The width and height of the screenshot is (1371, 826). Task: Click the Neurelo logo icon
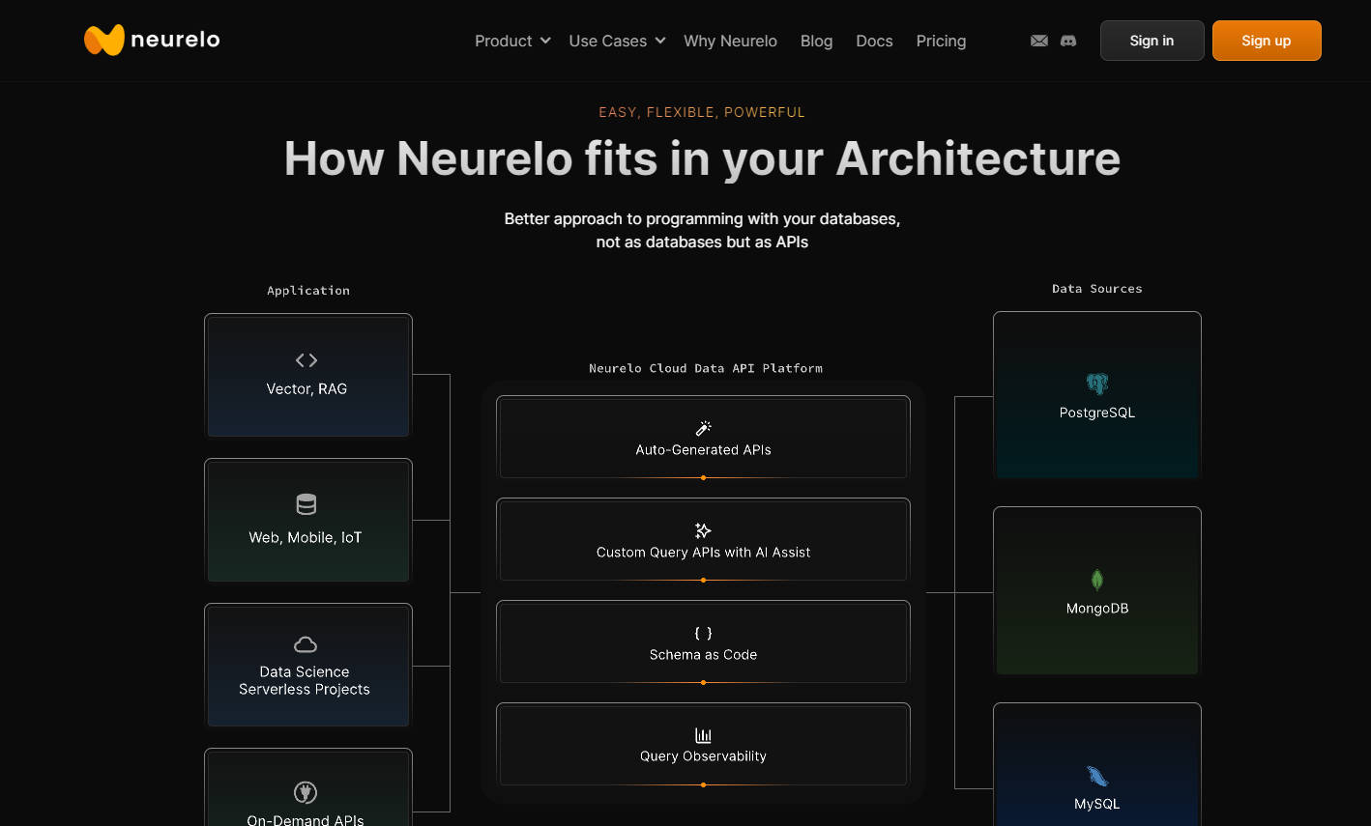point(104,40)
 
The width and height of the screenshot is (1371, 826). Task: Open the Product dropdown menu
point(512,41)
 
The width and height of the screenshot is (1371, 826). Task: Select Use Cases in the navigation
point(617,41)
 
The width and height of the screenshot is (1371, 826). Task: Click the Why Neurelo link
point(730,41)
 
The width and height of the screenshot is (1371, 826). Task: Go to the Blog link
point(816,41)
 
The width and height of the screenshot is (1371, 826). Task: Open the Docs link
point(874,41)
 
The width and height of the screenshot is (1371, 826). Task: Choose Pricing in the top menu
point(941,41)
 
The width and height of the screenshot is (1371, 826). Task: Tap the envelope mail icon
point(1039,41)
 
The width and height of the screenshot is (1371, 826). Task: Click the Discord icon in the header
point(1068,41)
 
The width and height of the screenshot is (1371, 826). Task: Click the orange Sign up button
point(1266,41)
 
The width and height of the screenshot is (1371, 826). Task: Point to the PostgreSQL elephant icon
point(1097,384)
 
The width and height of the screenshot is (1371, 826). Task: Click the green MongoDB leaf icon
point(1097,580)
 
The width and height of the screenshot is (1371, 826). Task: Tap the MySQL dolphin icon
point(1097,776)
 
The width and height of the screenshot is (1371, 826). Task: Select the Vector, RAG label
point(306,388)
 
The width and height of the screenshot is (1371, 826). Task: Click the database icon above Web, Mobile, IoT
point(306,504)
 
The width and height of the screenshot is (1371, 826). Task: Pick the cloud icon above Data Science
point(306,644)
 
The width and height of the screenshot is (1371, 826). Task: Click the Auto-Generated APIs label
point(703,449)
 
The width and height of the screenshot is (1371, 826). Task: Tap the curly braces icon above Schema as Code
point(703,633)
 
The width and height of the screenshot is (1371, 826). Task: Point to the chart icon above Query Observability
point(703,735)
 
